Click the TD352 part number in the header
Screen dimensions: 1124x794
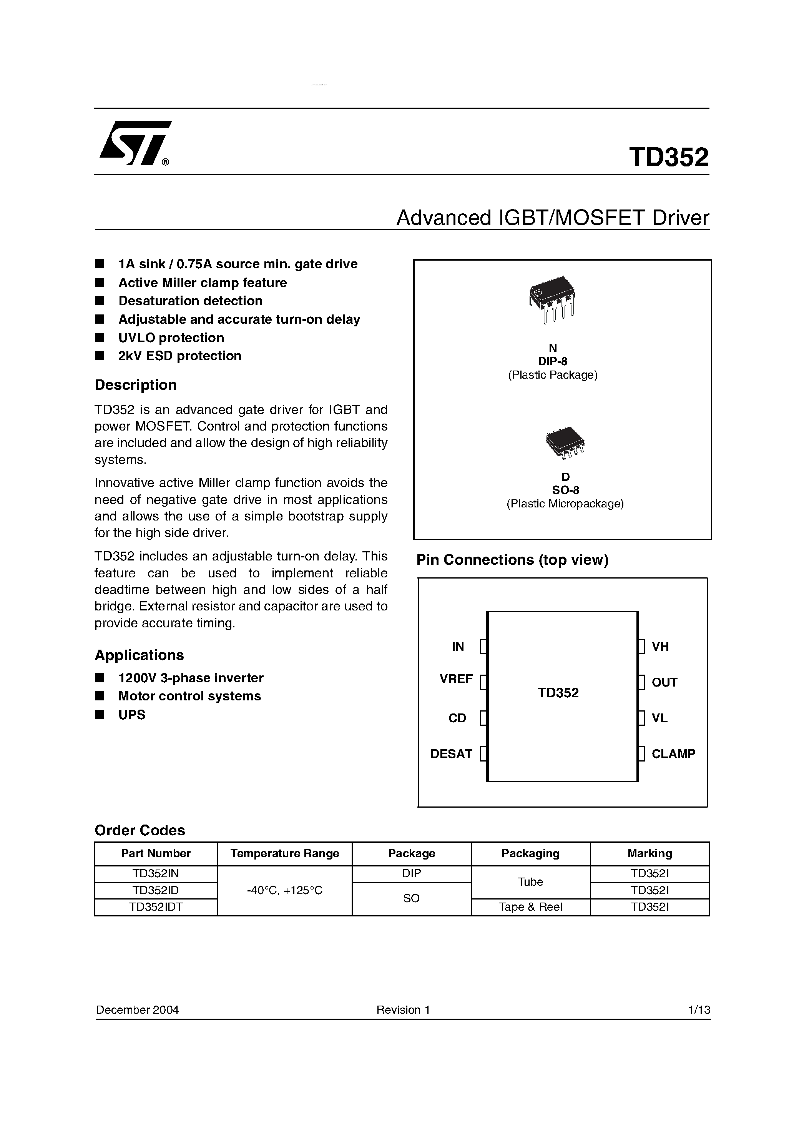[x=669, y=157]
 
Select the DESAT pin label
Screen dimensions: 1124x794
[x=451, y=753]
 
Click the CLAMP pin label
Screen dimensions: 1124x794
[x=673, y=753]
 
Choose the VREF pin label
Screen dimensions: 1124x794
[x=456, y=679]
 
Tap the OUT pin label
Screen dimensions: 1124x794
[x=664, y=682]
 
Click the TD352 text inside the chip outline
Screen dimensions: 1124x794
[x=558, y=693]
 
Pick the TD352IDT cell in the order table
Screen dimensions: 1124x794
[x=156, y=907]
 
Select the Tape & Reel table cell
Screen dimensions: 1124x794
[x=531, y=907]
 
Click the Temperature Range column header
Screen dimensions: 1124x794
[x=284, y=853]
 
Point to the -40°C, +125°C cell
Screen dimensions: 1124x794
[x=284, y=890]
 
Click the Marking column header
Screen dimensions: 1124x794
[x=649, y=853]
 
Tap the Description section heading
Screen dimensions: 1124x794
[x=136, y=385]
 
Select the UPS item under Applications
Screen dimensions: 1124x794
[x=132, y=715]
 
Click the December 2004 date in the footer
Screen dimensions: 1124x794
[x=138, y=1010]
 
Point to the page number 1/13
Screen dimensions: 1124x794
[x=699, y=1010]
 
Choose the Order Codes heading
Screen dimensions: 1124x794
[x=140, y=830]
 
